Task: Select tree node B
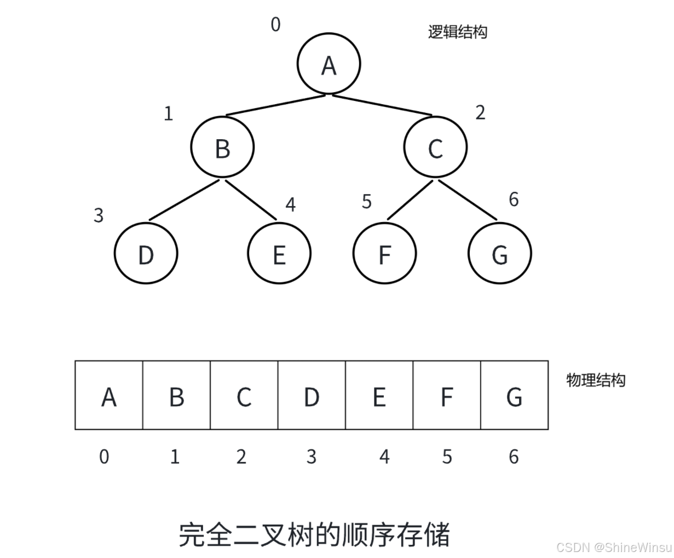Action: [222, 147]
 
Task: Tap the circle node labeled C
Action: [435, 147]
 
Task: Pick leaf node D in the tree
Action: [146, 253]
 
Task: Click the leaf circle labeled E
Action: [279, 253]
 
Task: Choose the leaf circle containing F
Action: [385, 253]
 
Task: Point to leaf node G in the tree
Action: [500, 253]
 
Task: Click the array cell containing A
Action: [109, 395]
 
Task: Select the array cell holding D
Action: [312, 395]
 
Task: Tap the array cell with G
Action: [514, 395]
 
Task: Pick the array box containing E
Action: [379, 395]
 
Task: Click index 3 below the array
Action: [312, 456]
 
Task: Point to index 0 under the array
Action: [104, 456]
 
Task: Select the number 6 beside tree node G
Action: [514, 200]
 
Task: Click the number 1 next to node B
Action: [169, 113]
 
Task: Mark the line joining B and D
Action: [184, 200]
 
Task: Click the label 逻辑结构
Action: [457, 32]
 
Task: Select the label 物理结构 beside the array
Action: [595, 380]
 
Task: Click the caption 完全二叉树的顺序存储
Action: [314, 534]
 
